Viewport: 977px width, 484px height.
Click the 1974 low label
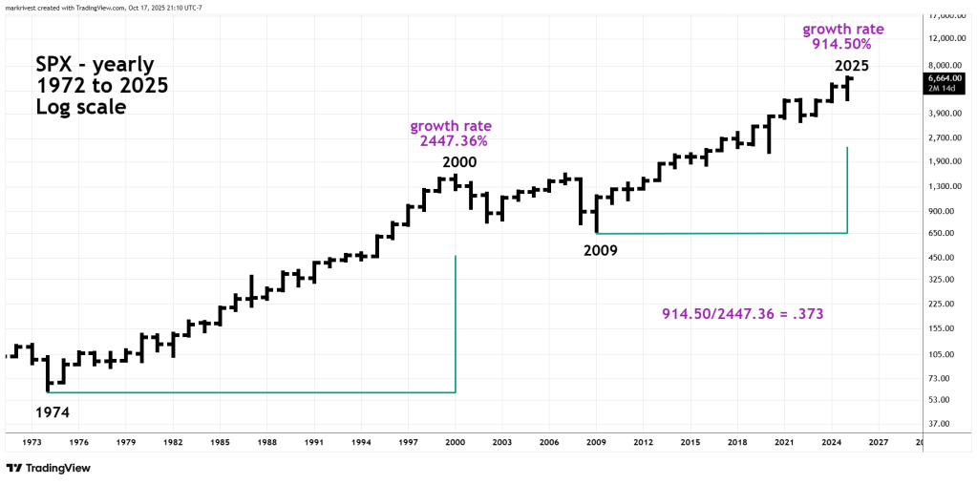pos(53,412)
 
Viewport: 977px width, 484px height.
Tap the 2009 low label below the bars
pos(601,250)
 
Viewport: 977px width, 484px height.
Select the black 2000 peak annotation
pos(458,162)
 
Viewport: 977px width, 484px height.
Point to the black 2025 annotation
pos(852,66)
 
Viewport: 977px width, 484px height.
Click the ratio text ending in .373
pos(742,313)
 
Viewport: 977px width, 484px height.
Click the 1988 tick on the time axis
pos(267,442)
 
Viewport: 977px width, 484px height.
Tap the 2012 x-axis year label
pos(642,442)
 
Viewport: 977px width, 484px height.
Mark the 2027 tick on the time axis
pos(878,442)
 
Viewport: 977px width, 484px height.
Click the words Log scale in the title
pos(80,107)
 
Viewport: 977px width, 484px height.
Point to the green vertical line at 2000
pos(456,325)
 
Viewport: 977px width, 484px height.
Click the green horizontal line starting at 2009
pos(721,233)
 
